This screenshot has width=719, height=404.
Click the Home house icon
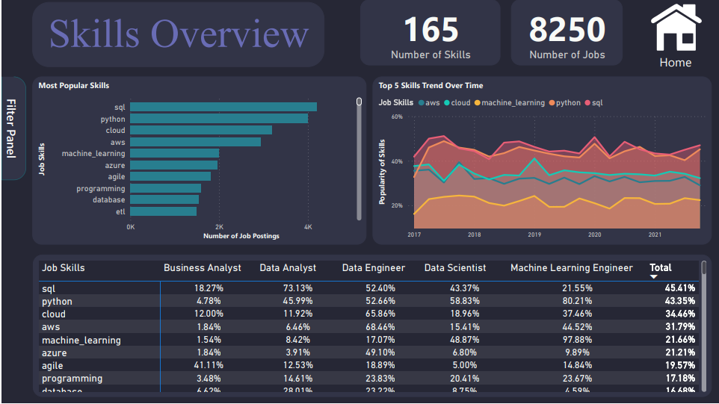tap(675, 28)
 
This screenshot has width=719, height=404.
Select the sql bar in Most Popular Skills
tap(223, 107)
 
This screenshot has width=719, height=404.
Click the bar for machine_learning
tap(175, 153)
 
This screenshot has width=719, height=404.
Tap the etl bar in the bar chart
tap(164, 211)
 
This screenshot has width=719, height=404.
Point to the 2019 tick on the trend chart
tap(534, 234)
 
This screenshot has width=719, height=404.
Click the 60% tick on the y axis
tap(396, 117)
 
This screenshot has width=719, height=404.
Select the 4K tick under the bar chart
tap(307, 226)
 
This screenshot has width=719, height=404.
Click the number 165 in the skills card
tap(431, 30)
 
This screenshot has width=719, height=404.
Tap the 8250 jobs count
tap(567, 30)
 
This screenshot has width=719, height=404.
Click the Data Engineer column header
tap(373, 268)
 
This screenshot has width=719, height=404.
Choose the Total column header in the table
tap(661, 268)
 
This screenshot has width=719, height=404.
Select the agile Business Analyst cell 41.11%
tap(203, 365)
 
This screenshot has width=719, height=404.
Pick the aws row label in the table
tap(51, 327)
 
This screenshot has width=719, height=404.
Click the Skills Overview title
tap(179, 34)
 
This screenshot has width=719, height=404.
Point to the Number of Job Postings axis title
tap(241, 236)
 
